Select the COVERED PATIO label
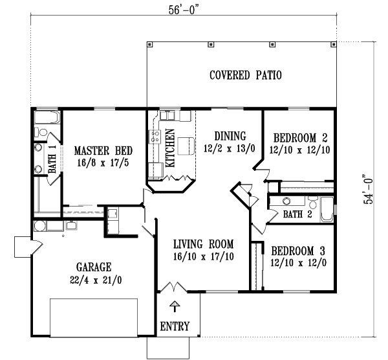point(245,75)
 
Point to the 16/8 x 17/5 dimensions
point(101,162)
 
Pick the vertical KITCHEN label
point(171,149)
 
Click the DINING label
point(230,136)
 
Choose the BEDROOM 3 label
point(298,251)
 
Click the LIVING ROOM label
point(203,244)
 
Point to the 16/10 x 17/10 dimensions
point(203,256)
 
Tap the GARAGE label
point(94,267)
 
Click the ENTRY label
point(175,326)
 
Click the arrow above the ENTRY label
point(174,306)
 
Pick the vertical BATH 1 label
point(52,159)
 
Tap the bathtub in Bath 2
point(327,211)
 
